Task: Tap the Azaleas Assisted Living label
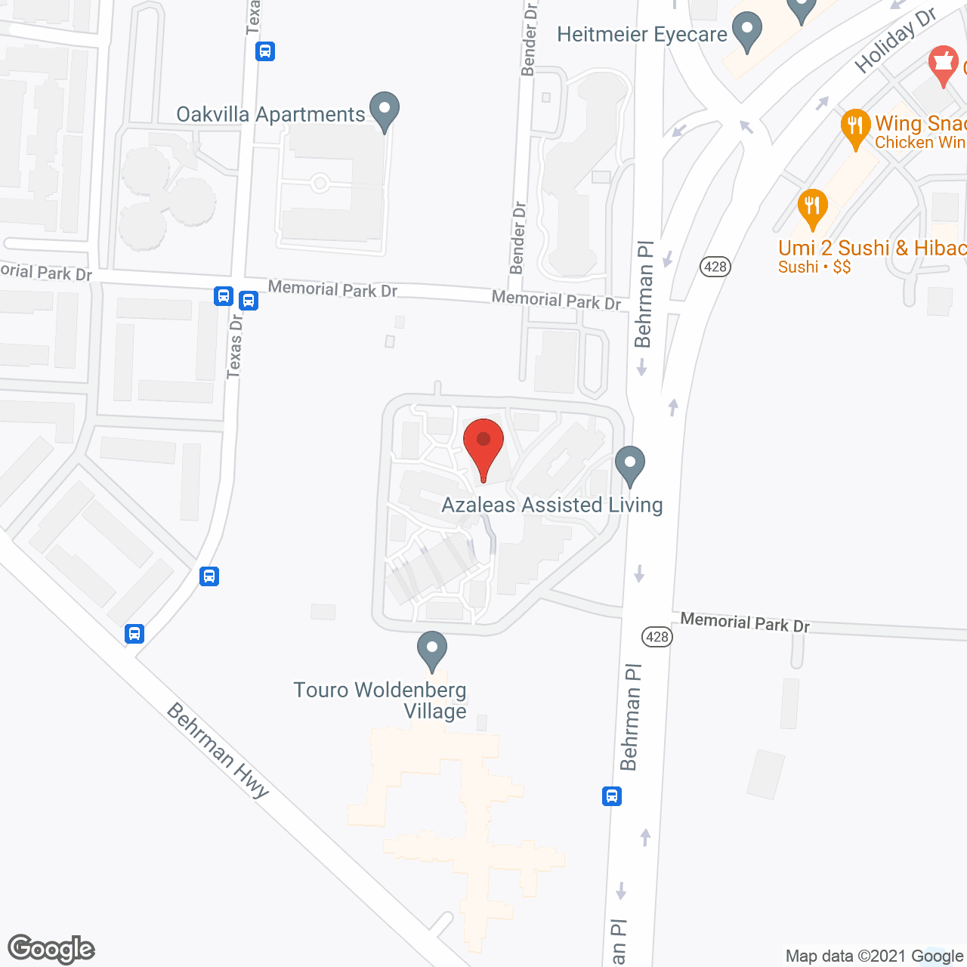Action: pyautogui.click(x=551, y=505)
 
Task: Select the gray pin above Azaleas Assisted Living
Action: pyautogui.click(x=630, y=465)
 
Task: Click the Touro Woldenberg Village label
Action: pyautogui.click(x=380, y=700)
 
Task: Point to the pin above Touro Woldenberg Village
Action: pyautogui.click(x=432, y=650)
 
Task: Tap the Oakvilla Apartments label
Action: pyautogui.click(x=270, y=114)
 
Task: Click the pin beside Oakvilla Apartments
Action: pyautogui.click(x=385, y=110)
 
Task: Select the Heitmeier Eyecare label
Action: pyautogui.click(x=642, y=34)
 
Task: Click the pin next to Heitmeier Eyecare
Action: pyautogui.click(x=747, y=32)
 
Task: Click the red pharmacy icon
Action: pyautogui.click(x=943, y=65)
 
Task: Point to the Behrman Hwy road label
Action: pyautogui.click(x=218, y=750)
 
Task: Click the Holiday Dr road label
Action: pyautogui.click(x=895, y=41)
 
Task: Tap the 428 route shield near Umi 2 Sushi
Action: pyautogui.click(x=715, y=266)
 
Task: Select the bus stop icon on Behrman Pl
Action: pyautogui.click(x=612, y=796)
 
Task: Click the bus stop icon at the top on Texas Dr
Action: pyautogui.click(x=265, y=51)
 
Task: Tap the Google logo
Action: pyautogui.click(x=51, y=949)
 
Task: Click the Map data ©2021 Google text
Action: pyautogui.click(x=874, y=956)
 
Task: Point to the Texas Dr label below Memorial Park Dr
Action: pyautogui.click(x=235, y=346)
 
